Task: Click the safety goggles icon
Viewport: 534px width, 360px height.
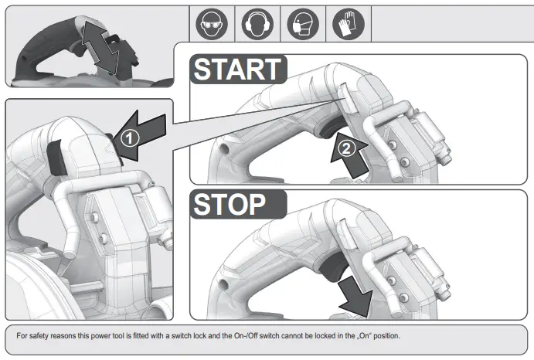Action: (211, 25)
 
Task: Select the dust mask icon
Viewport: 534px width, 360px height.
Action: (303, 25)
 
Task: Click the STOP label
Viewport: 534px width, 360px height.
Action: (230, 205)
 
